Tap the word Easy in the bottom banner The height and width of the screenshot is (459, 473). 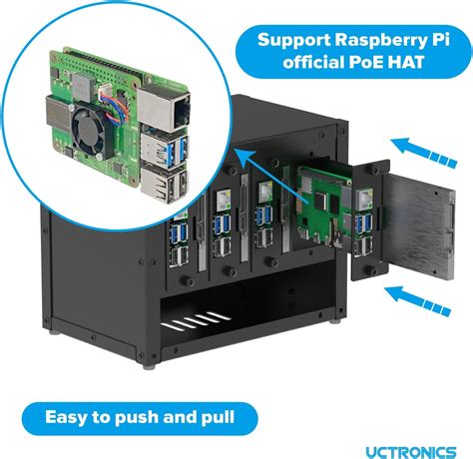click(67, 417)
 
